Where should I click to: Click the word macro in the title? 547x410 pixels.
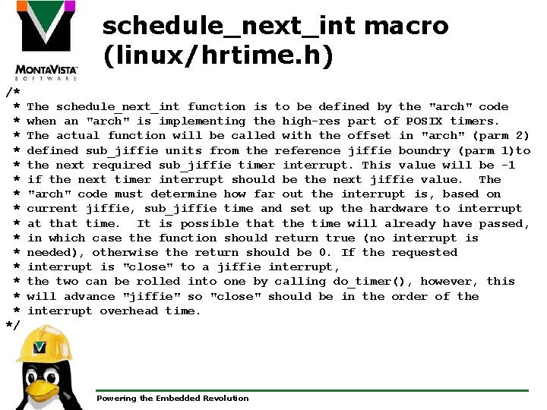click(406, 27)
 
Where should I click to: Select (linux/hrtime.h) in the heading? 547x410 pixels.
click(217, 56)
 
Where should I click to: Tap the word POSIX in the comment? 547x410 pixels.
click(424, 121)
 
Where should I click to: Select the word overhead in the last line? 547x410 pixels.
click(131, 311)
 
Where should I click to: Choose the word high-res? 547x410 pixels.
click(311, 121)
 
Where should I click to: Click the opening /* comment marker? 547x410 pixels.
click(13, 92)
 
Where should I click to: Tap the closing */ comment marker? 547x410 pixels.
click(13, 325)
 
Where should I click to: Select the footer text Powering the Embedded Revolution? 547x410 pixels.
click(172, 398)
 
